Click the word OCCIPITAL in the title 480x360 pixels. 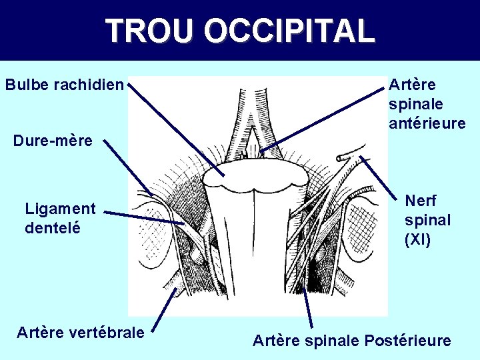click(289, 31)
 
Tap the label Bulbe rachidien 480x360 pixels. click(65, 85)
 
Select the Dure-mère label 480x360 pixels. click(53, 141)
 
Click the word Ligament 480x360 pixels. click(60, 209)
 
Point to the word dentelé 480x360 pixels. click(53, 227)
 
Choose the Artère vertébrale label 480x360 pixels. click(81, 331)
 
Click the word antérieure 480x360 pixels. click(427, 123)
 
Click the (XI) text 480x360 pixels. click(418, 239)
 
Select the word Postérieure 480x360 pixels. click(407, 341)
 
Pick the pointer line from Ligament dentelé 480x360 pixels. click(143, 218)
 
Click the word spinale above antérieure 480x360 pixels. click(415, 104)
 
